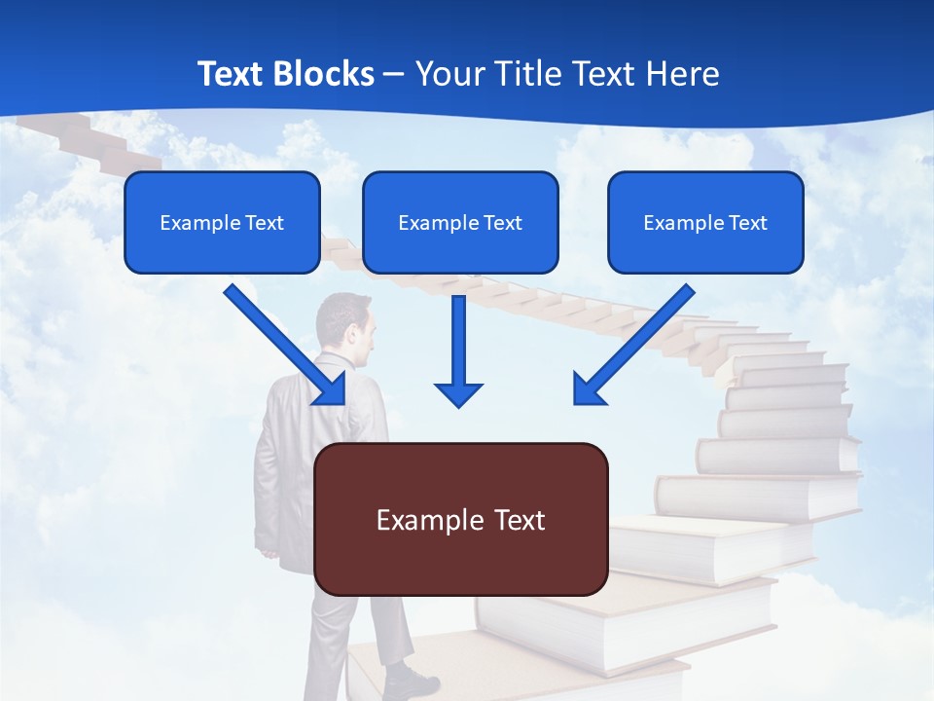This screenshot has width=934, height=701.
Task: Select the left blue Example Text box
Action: pyautogui.click(x=222, y=222)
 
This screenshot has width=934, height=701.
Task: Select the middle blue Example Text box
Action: pyautogui.click(x=460, y=222)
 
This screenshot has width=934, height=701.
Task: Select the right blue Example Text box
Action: pyautogui.click(x=705, y=222)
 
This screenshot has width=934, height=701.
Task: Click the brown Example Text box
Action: pyautogui.click(x=461, y=519)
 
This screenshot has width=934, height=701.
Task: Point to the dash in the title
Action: pyautogui.click(x=394, y=75)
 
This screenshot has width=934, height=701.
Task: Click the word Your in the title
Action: pyautogui.click(x=449, y=74)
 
